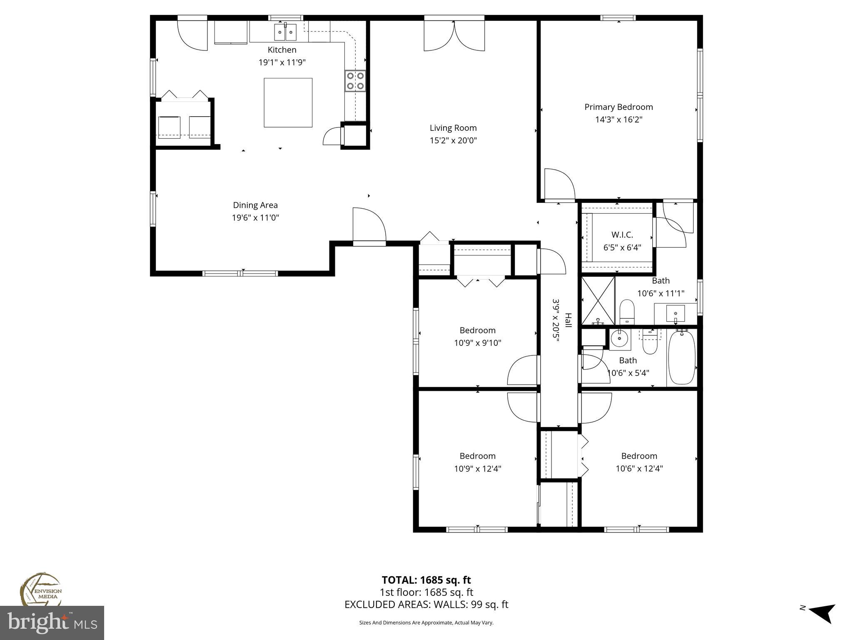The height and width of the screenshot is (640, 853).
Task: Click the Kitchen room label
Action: click(x=282, y=50)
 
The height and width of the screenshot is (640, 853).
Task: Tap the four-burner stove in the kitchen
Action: click(x=355, y=81)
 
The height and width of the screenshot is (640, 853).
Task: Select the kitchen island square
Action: click(x=288, y=102)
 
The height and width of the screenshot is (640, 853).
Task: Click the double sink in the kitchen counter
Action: click(x=285, y=32)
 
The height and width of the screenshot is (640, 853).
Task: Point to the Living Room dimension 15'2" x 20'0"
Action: click(x=453, y=140)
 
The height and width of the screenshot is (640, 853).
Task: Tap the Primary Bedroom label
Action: click(x=619, y=107)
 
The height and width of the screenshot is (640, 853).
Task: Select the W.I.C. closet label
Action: click(x=622, y=235)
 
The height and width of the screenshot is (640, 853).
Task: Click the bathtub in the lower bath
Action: click(x=681, y=357)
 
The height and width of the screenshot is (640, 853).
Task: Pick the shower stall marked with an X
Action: click(x=598, y=300)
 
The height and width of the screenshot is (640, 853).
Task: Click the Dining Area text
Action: click(x=255, y=205)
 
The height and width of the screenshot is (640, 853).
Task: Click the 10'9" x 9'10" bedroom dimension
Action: click(x=477, y=343)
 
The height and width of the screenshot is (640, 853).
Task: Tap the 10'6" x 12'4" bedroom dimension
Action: click(x=639, y=469)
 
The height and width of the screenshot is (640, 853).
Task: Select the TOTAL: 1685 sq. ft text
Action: click(x=426, y=580)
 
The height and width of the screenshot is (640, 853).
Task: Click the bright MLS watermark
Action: click(x=52, y=622)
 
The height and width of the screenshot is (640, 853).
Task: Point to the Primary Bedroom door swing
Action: click(x=559, y=184)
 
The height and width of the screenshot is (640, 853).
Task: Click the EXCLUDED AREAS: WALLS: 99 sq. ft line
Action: click(x=426, y=605)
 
